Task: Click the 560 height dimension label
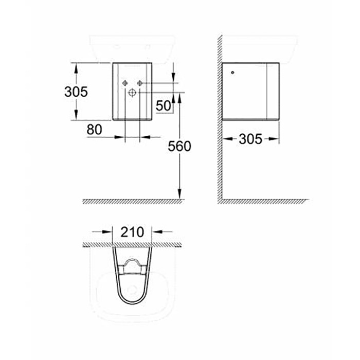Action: click(179, 147)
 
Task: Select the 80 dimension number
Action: click(94, 130)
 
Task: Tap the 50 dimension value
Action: click(163, 106)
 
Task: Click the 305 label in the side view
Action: click(250, 139)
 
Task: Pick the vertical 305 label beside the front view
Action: click(76, 92)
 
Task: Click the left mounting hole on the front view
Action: click(125, 83)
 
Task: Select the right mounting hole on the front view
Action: click(139, 83)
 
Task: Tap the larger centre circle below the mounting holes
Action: click(132, 93)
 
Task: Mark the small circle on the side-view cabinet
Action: click(232, 73)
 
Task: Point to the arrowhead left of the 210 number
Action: click(109, 232)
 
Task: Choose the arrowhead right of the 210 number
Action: click(156, 232)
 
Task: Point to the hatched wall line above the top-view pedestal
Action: click(132, 245)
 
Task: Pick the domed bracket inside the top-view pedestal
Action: click(132, 266)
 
